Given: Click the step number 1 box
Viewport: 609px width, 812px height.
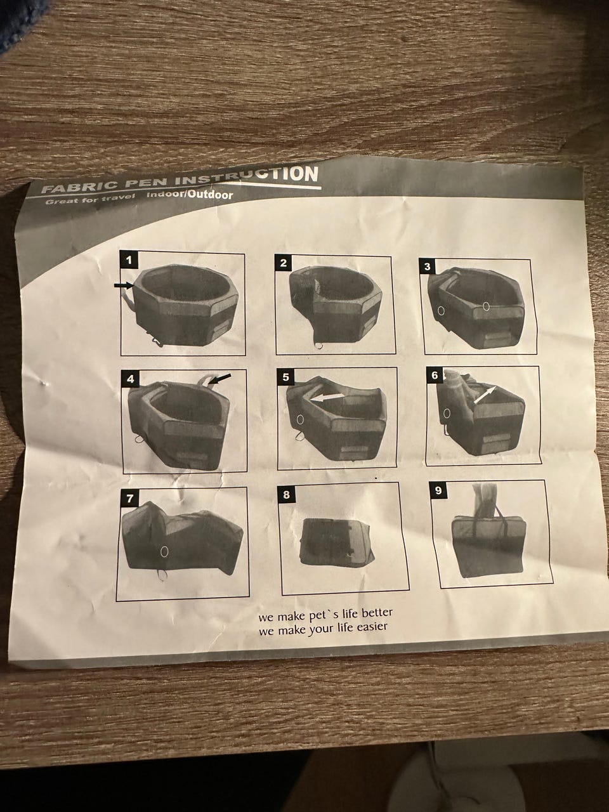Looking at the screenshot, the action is tap(129, 260).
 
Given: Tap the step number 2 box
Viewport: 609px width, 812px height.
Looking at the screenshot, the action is tap(284, 263).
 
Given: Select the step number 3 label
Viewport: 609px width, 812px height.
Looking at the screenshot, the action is tap(428, 266).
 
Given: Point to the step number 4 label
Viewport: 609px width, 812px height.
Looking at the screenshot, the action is tap(131, 379).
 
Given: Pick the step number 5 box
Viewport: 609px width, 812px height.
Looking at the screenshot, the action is tap(286, 377).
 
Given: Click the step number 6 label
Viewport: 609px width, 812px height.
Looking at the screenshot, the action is tap(435, 376).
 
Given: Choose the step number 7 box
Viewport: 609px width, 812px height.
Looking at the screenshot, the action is tap(129, 498).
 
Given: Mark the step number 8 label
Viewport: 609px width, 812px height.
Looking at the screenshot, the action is tap(286, 495).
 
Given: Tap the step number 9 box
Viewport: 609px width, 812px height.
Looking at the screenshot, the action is tap(438, 491).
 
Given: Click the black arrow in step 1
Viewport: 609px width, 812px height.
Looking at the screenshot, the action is tap(124, 285).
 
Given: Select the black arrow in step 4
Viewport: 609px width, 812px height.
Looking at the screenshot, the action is tap(221, 379).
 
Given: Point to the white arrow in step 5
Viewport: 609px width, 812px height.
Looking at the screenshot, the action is tap(327, 397).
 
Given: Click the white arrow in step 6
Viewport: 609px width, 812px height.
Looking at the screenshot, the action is tap(484, 395).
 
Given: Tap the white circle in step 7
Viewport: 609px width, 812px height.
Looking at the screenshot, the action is tap(164, 551).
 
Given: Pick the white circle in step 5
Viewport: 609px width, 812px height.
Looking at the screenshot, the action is tap(300, 419).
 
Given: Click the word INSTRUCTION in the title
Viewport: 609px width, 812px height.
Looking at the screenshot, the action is tap(246, 176).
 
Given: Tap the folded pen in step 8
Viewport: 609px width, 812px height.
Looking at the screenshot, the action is tap(338, 541).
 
